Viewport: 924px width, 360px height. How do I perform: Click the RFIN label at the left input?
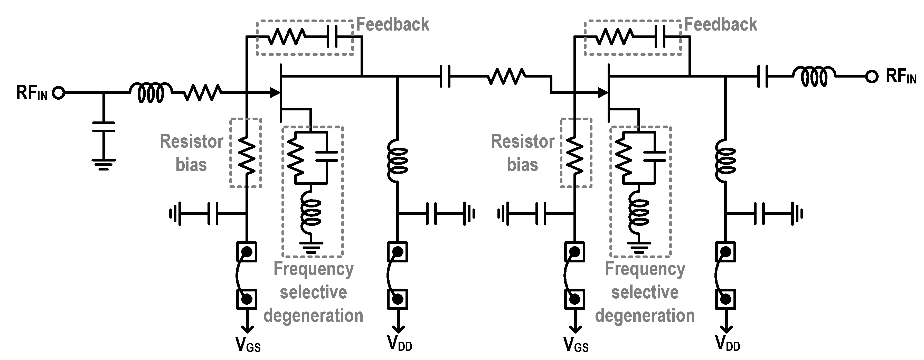(x=32, y=93)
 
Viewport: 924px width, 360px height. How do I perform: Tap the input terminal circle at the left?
(x=58, y=93)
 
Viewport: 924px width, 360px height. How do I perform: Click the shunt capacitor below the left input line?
(x=104, y=127)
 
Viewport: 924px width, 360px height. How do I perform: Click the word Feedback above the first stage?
(x=393, y=24)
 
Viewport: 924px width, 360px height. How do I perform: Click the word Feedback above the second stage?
(x=721, y=24)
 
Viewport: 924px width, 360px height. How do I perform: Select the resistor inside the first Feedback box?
(x=287, y=36)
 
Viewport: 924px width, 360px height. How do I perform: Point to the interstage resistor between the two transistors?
(x=506, y=76)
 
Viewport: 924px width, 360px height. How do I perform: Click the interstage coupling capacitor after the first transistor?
(x=445, y=76)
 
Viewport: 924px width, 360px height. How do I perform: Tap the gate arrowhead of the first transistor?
(x=275, y=93)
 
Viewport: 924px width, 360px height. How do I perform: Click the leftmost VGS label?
(x=248, y=345)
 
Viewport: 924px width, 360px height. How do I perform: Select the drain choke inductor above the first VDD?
(x=398, y=161)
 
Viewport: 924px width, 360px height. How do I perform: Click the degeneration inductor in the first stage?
(x=311, y=213)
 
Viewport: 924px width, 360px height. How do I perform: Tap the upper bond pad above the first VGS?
(x=247, y=252)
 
